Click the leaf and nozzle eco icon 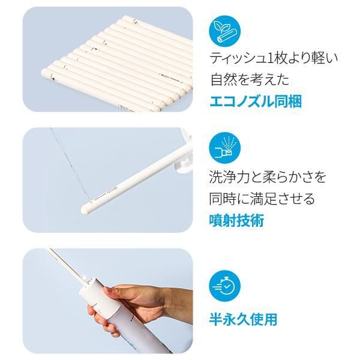coord(225,31)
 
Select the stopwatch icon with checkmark coord(225,286)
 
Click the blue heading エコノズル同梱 coord(256,101)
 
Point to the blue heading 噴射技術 coord(237,220)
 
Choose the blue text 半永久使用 coord(243,319)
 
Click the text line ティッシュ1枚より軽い coord(274,58)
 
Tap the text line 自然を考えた coord(250,79)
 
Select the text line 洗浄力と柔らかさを coord(267,177)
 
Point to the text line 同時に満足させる coord(262,199)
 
